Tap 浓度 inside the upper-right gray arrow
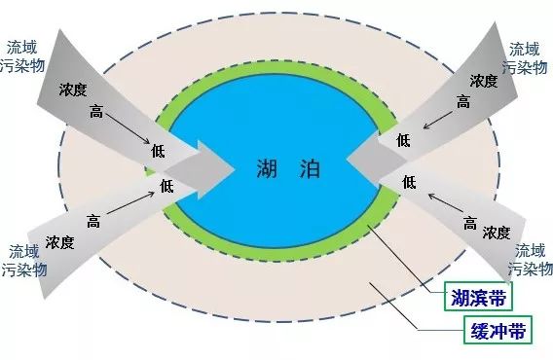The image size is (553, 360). coord(484,80)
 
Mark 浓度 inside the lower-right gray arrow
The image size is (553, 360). coord(496,233)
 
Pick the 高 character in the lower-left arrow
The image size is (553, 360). coord(93,220)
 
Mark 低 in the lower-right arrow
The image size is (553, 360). coord(409,182)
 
